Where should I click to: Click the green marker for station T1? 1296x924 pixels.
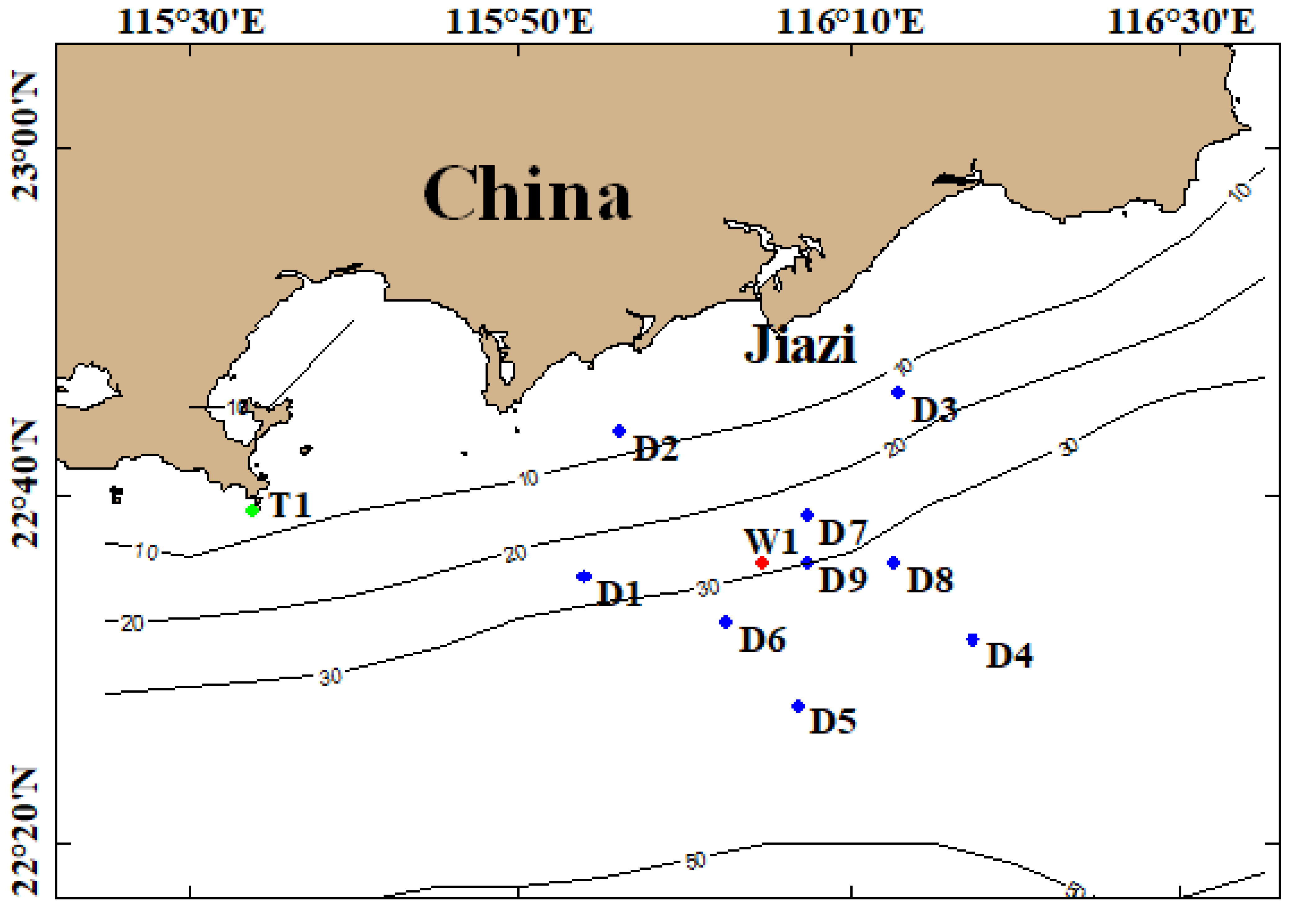coord(252,510)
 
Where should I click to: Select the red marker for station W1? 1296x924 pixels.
coord(762,563)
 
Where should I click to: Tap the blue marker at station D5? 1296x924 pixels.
coord(798,706)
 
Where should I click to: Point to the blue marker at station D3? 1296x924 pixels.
coord(898,392)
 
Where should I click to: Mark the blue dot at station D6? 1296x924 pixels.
coord(725,622)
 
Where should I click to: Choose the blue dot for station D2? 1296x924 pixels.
coord(619,431)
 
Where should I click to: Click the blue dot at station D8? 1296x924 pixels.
coord(893,563)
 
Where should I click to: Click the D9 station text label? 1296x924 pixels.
coord(842,580)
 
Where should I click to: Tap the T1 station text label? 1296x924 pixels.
coord(290,505)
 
